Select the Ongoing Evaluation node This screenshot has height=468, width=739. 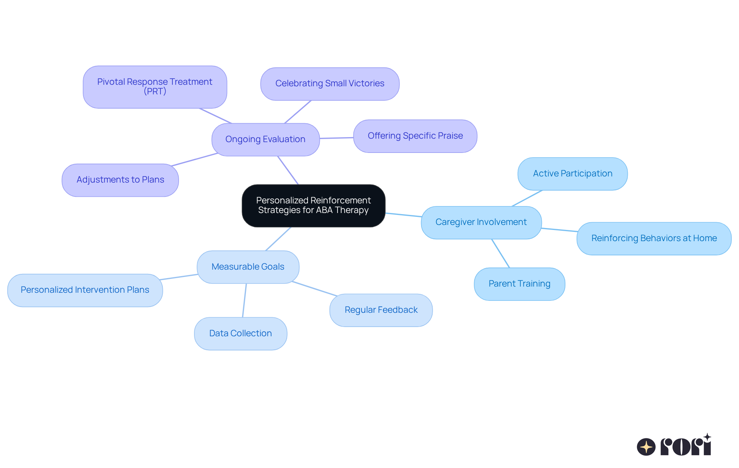point(265,139)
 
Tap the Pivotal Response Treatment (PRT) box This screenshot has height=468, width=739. point(155,87)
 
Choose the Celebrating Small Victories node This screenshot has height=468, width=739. point(329,84)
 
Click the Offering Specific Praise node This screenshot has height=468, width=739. point(415,136)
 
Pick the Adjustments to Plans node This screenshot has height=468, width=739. point(120,180)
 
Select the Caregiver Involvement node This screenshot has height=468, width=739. point(481,222)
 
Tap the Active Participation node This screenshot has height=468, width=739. point(572,174)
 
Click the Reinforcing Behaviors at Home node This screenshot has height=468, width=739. point(654,238)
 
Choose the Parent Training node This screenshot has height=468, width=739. point(519,284)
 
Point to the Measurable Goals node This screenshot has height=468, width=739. point(248,267)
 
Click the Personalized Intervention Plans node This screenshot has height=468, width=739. point(85,290)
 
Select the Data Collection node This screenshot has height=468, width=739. point(240,334)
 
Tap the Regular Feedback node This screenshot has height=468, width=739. point(381,310)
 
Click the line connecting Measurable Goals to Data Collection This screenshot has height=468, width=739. point(244,300)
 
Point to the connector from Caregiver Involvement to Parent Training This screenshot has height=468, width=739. point(500,253)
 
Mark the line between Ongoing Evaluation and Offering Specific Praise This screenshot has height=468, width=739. point(336,138)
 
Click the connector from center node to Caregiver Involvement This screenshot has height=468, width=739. point(403,215)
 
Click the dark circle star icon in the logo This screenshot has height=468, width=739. point(646,447)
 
